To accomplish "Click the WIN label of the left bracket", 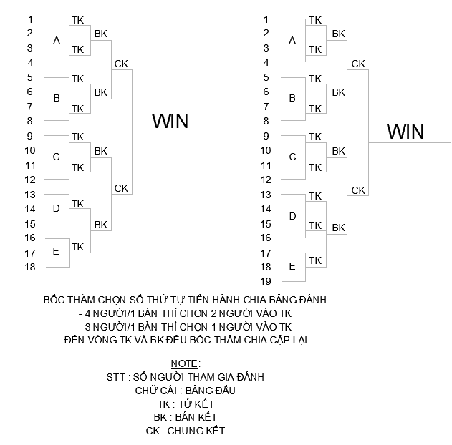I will (x=170, y=122).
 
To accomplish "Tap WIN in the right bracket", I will (x=405, y=132).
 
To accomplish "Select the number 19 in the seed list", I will (x=266, y=281).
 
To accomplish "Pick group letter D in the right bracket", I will (x=292, y=216).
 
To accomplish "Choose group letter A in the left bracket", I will (x=57, y=40).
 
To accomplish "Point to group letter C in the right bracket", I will (x=292, y=157).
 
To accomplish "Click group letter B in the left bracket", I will (x=57, y=99).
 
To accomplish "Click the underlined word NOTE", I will (x=186, y=363).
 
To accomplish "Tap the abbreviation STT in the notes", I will (x=115, y=377).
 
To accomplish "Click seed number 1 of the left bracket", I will (x=30, y=19).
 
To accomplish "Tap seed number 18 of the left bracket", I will (x=30, y=267).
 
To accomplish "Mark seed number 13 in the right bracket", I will (x=266, y=194).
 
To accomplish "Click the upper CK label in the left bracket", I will (x=121, y=64).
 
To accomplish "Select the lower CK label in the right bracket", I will (x=358, y=190).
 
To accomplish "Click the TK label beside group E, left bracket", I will (x=78, y=247).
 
